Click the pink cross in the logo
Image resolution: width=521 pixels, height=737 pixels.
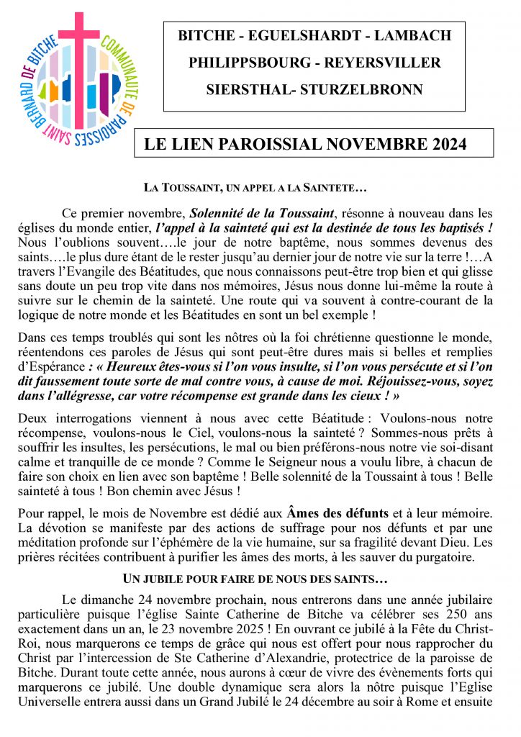click(x=78, y=43)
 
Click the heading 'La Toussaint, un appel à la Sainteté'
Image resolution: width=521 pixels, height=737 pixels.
click(x=255, y=189)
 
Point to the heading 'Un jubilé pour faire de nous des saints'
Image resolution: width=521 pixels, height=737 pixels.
click(x=255, y=578)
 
